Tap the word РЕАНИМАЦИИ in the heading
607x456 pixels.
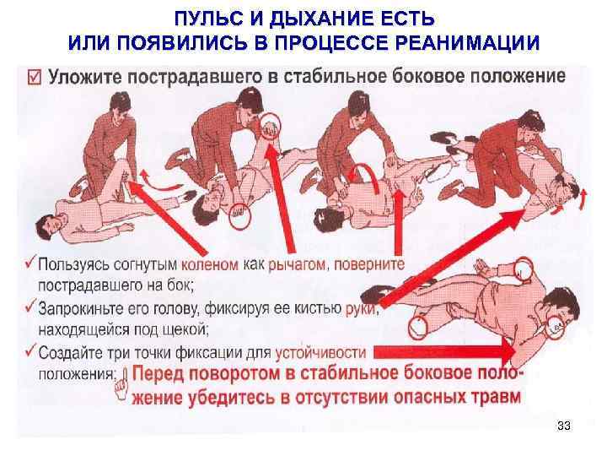467,42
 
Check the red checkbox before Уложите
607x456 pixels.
34,77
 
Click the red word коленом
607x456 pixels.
210,264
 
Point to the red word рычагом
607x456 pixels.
297,265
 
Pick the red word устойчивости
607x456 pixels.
320,353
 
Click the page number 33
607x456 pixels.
564,426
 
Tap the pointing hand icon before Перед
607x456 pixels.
123,385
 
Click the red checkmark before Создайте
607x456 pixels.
30,350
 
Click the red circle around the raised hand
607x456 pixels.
270,126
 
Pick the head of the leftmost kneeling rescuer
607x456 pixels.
120,105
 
